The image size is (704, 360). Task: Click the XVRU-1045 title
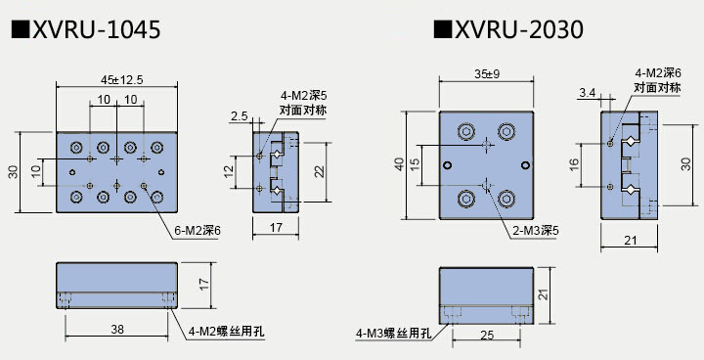point(85,30)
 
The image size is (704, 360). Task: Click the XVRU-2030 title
point(508,30)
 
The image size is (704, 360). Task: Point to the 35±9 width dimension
point(487,74)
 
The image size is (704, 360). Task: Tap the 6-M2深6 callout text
point(198,231)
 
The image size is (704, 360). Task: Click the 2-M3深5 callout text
point(536,231)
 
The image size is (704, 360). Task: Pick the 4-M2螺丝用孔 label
point(226,332)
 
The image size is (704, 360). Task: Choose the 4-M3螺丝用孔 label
point(393,334)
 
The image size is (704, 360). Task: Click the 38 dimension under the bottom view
point(117,330)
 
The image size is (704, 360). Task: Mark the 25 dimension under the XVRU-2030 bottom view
point(487,336)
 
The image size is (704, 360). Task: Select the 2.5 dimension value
point(240,116)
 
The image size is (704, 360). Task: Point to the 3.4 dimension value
point(588,93)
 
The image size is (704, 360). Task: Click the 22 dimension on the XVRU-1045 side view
point(319,172)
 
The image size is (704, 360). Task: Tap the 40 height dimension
point(399,164)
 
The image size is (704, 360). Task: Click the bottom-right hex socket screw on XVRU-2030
point(506,199)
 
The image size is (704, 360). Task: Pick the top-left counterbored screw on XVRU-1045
point(76,147)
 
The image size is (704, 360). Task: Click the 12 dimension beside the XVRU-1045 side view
point(230,171)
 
